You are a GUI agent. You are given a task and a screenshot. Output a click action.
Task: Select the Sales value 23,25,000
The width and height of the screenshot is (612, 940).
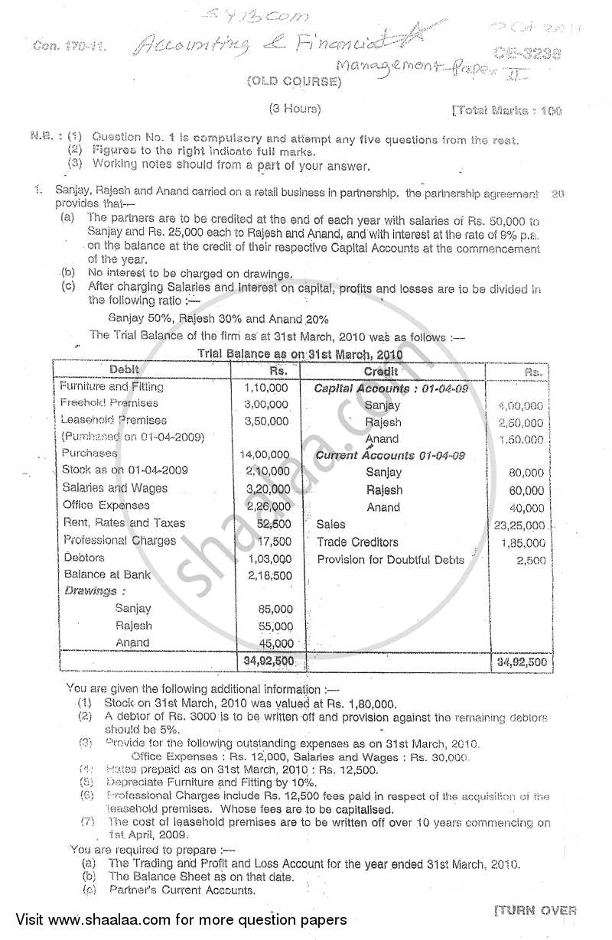point(520,525)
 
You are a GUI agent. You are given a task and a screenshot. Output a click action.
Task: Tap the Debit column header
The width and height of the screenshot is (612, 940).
point(125,370)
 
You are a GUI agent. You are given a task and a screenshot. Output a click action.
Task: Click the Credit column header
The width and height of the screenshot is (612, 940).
point(380,371)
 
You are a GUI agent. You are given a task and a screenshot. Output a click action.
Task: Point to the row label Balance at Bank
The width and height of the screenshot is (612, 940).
point(107,574)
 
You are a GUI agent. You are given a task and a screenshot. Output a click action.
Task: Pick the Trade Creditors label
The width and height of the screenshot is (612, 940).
point(357,542)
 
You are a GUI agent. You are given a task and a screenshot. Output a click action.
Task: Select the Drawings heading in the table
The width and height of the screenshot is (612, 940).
point(91,591)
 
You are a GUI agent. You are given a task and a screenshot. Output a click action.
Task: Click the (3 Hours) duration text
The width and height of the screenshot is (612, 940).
point(295,109)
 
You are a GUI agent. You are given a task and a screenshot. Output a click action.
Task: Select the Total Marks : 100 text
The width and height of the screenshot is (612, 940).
point(506,111)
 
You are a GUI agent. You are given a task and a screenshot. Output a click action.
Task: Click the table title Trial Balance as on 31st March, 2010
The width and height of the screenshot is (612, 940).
point(300,354)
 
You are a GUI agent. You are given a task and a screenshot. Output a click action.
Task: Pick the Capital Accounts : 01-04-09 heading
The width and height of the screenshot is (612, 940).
point(391,389)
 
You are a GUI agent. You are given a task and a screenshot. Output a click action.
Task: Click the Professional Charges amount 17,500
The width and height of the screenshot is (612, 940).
point(274,541)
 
